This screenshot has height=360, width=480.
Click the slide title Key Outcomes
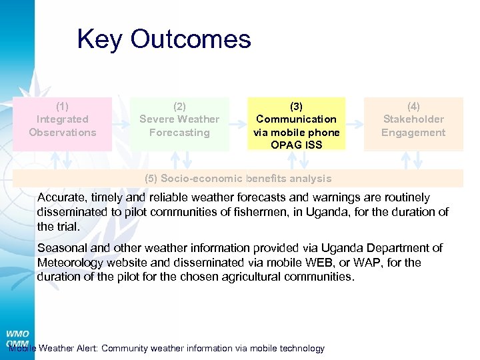click(x=164, y=39)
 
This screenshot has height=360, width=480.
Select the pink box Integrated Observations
click(x=63, y=119)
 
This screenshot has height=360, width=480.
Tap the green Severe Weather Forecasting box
click(x=179, y=119)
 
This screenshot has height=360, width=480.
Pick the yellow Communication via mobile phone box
click(x=297, y=125)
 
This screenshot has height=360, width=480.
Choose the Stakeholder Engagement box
click(x=413, y=119)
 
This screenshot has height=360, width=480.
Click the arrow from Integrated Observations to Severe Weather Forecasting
click(x=121, y=123)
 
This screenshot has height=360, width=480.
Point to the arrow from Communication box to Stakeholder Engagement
click(x=355, y=123)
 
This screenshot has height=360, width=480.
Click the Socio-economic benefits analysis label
click(x=238, y=179)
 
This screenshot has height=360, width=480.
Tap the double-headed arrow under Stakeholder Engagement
click(x=418, y=159)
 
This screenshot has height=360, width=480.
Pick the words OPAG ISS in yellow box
click(x=296, y=145)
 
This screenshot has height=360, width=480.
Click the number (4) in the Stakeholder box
click(x=413, y=106)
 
